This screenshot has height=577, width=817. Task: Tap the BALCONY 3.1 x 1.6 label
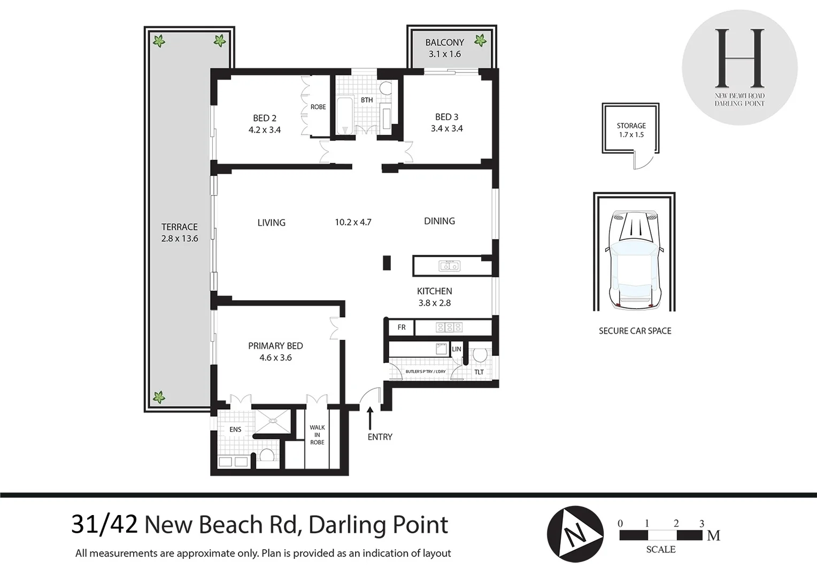(x=445, y=48)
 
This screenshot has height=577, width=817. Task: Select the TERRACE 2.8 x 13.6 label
(x=180, y=232)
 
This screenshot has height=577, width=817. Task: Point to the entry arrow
(x=370, y=418)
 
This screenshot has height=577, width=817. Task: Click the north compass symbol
(x=575, y=534)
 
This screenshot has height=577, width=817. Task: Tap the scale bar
(x=661, y=535)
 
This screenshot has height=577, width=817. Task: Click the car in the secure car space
(x=634, y=260)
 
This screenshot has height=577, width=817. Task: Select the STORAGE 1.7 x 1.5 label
(x=631, y=130)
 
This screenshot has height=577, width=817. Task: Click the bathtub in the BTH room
(x=344, y=115)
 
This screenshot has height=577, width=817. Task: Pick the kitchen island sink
(x=449, y=266)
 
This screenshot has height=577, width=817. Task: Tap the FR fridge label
(x=402, y=328)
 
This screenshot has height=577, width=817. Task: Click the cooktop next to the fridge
(x=449, y=328)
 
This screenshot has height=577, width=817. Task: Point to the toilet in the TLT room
(x=480, y=354)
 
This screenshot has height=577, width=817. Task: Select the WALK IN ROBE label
(x=317, y=435)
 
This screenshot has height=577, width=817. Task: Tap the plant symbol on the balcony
(x=480, y=40)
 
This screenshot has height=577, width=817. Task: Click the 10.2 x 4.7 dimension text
(x=353, y=222)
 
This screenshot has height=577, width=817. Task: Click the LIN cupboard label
(x=457, y=349)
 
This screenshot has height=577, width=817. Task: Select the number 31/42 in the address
(x=104, y=525)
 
